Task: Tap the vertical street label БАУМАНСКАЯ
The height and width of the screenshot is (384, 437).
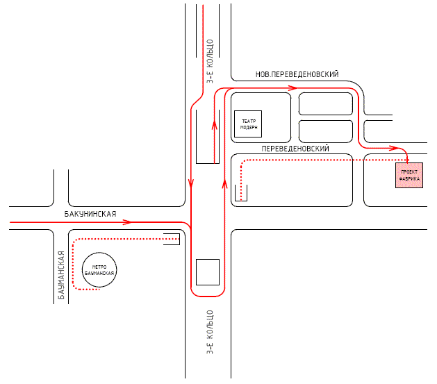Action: tap(61, 275)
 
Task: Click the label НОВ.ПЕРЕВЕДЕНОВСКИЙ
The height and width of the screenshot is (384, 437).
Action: tap(297, 74)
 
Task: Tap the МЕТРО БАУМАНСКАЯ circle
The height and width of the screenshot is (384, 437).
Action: tap(99, 269)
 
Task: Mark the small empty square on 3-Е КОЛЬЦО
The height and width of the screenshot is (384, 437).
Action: tap(208, 272)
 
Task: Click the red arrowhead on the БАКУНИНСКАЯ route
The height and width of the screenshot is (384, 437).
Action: tap(126, 222)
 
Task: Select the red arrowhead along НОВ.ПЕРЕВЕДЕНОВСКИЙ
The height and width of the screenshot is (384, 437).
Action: tap(292, 88)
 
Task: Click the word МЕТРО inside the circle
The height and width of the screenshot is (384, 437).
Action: tap(99, 265)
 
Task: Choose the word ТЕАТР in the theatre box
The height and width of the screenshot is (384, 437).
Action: tap(249, 120)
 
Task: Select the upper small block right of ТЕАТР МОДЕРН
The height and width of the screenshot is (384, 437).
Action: tap(325, 103)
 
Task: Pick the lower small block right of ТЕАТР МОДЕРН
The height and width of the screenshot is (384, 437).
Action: tap(325, 131)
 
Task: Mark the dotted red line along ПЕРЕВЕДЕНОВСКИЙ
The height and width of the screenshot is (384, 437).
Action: tap(313, 160)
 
